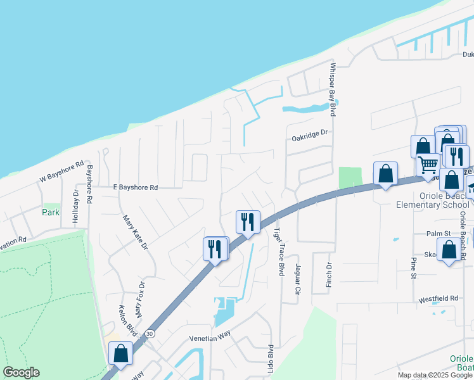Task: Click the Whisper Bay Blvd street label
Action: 331,89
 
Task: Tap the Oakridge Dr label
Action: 309,134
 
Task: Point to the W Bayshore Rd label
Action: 61,172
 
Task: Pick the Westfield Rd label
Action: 438,298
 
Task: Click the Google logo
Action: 21,372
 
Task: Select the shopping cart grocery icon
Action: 428,165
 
